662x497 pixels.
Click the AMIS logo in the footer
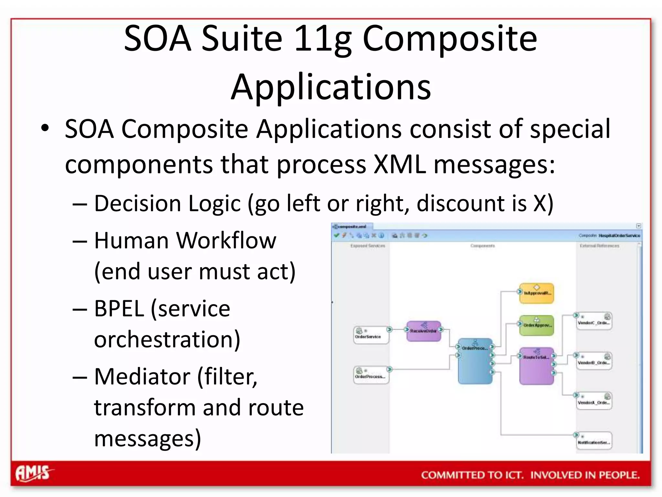(x=33, y=474)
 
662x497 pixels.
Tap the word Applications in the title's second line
(x=331, y=87)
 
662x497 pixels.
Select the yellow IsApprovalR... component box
(x=537, y=293)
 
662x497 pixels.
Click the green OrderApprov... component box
(x=537, y=325)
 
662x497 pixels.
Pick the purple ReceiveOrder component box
(x=423, y=331)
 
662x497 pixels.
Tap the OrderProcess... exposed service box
(x=371, y=375)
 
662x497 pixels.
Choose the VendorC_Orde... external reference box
(x=594, y=321)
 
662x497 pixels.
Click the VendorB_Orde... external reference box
(x=594, y=361)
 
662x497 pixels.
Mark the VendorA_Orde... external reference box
(x=594, y=401)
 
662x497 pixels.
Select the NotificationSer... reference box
(x=594, y=441)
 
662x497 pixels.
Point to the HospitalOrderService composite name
(x=619, y=236)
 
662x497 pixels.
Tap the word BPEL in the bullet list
(x=119, y=308)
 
